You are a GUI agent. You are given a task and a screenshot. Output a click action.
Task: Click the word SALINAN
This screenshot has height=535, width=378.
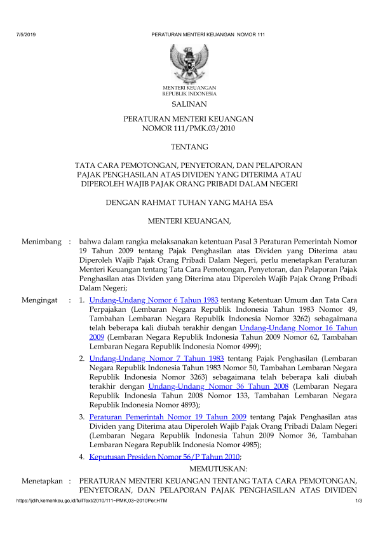[189, 104]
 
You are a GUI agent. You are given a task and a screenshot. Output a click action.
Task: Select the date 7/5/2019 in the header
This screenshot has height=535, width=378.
[25, 34]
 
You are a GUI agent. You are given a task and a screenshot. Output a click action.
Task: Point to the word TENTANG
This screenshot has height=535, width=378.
[189, 147]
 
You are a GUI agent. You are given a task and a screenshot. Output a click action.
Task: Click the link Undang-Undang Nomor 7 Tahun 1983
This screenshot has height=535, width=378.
[143, 359]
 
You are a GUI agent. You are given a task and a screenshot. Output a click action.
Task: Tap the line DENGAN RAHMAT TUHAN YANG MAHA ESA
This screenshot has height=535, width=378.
[189, 203]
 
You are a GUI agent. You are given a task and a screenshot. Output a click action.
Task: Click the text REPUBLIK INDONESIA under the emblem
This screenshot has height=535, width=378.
[189, 93]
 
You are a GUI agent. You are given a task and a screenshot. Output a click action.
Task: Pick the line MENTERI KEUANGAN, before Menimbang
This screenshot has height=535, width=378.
[189, 221]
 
